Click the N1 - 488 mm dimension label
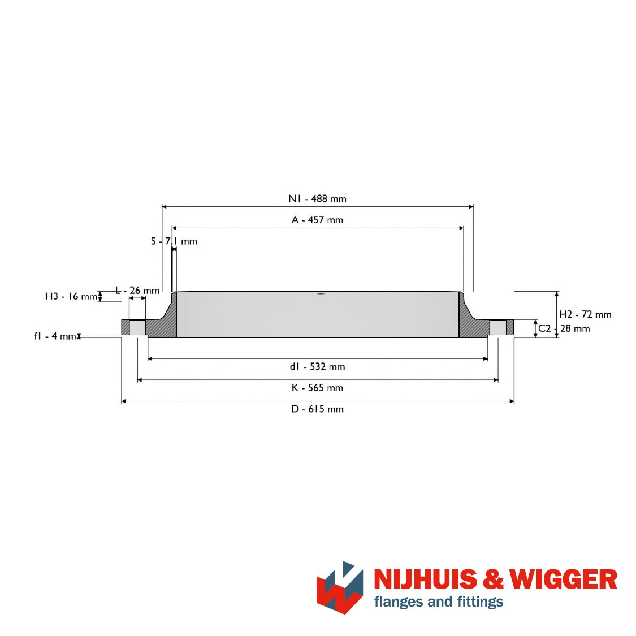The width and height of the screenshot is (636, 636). coord(317,199)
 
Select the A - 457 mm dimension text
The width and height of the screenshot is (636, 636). coord(317,220)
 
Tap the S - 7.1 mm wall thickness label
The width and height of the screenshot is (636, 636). coord(174,241)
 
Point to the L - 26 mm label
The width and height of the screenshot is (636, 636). coord(137,291)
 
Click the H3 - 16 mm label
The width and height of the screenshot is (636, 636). coord(71,296)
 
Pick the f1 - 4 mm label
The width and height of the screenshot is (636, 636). coord(55,336)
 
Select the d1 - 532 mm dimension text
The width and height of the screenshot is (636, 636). coord(317,367)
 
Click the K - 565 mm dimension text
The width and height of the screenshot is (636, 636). coord(317,388)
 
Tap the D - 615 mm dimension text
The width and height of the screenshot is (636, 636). coord(317,409)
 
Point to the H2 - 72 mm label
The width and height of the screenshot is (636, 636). coord(585,314)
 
